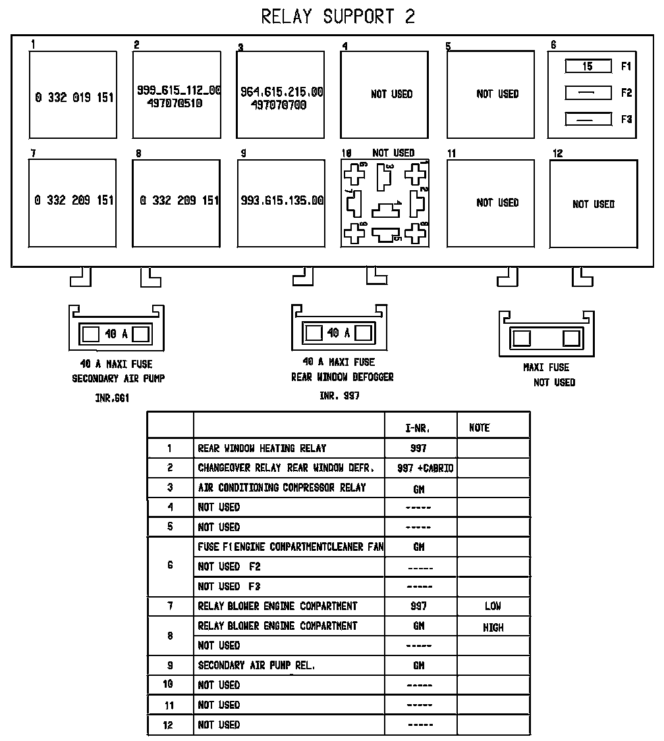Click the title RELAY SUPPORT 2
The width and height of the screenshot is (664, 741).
click(x=338, y=16)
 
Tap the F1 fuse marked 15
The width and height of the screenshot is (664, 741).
click(x=588, y=66)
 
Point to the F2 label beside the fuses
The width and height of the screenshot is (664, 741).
click(x=626, y=93)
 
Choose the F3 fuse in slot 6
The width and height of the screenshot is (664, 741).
click(x=588, y=119)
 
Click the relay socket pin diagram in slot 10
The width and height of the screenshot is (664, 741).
click(x=385, y=203)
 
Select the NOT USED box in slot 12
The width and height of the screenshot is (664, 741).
click(x=593, y=204)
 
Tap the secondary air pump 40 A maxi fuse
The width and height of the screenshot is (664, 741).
click(x=117, y=334)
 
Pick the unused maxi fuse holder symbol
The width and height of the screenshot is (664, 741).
click(x=547, y=338)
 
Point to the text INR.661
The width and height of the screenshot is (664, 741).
click(x=112, y=398)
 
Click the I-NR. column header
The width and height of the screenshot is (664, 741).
click(x=418, y=428)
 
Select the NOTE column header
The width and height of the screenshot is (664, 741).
click(x=480, y=428)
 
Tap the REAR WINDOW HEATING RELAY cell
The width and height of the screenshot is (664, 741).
click(x=262, y=448)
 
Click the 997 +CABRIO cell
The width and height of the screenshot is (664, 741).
click(x=425, y=469)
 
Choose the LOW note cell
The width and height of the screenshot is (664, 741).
click(x=493, y=606)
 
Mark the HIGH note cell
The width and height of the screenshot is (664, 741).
click(x=493, y=627)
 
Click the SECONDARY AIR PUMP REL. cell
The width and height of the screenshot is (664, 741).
click(x=257, y=665)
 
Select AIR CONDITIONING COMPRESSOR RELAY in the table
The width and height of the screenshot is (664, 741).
click(x=281, y=488)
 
